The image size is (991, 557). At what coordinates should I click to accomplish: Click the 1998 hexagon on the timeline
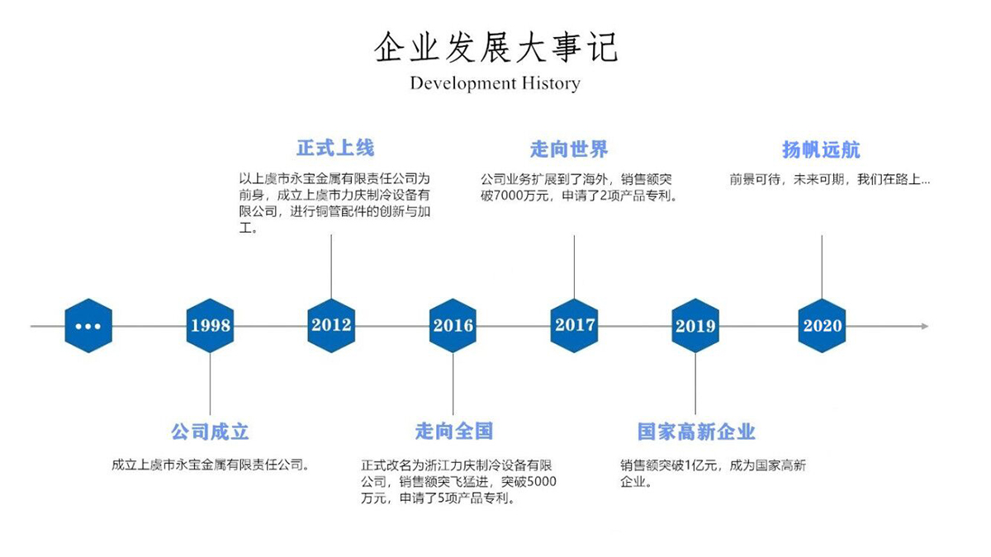(x=210, y=326)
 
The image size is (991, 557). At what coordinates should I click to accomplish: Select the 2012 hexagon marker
(x=331, y=326)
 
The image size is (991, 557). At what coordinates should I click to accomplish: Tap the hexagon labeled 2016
(x=453, y=326)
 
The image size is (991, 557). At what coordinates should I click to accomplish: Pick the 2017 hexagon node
(x=574, y=326)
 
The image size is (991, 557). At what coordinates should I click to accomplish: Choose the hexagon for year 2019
(x=695, y=326)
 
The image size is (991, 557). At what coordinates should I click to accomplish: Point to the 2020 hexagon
(x=822, y=326)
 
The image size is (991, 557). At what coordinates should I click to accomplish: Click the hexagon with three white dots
(x=88, y=326)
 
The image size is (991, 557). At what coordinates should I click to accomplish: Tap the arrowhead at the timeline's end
(x=925, y=326)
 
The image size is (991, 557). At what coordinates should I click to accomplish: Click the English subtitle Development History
(x=495, y=83)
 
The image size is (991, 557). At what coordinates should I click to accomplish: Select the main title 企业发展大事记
(x=495, y=47)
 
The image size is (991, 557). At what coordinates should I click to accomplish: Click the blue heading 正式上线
(x=335, y=148)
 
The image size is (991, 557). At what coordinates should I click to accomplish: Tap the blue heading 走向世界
(x=569, y=149)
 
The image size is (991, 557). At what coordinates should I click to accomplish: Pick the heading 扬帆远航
(x=821, y=150)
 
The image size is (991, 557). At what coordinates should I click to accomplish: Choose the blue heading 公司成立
(x=210, y=432)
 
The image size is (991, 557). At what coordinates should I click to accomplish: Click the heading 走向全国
(x=454, y=431)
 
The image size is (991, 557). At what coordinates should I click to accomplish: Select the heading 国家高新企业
(x=696, y=432)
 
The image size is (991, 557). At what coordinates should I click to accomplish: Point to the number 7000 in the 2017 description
(x=507, y=196)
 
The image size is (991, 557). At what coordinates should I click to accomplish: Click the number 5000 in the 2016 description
(x=542, y=481)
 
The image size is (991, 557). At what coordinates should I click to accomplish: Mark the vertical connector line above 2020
(x=822, y=267)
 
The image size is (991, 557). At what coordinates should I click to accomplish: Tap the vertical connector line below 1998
(x=210, y=384)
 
